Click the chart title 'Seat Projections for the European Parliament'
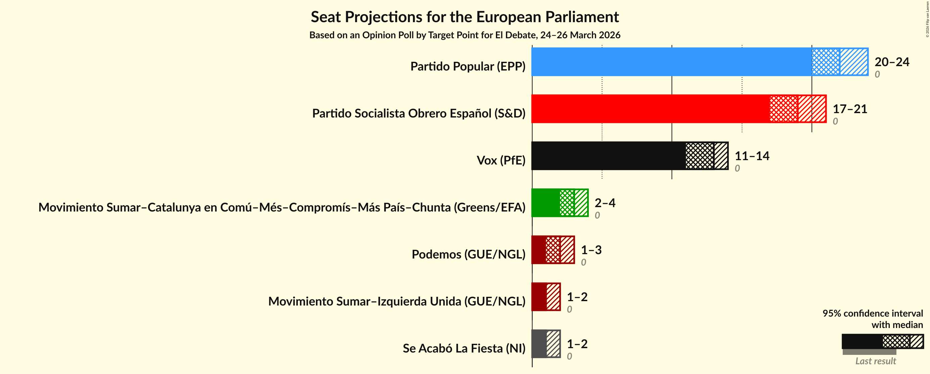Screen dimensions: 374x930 [465, 17]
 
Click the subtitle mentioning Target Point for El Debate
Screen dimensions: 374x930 [465, 35]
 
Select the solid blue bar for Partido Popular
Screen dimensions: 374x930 [671, 62]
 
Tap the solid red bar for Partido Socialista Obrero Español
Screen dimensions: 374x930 [650, 109]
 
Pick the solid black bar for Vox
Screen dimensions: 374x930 [608, 155]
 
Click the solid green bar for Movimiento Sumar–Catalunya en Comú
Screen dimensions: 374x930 [546, 202]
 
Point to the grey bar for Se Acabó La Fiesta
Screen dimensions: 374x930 [539, 343]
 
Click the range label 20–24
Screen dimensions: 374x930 [891, 62]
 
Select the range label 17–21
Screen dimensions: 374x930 [849, 109]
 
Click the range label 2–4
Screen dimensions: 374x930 [605, 202]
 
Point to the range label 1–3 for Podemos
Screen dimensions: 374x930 [591, 249]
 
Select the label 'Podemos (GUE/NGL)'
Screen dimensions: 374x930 [468, 254]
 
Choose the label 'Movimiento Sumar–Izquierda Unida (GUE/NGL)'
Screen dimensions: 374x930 [397, 301]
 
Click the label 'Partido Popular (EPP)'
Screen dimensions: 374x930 [468, 66]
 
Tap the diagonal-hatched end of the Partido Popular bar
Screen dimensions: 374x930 [854, 62]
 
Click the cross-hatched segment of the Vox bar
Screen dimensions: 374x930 [700, 155]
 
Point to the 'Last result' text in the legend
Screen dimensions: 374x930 [876, 361]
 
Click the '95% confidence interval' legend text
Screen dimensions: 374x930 [872, 313]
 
